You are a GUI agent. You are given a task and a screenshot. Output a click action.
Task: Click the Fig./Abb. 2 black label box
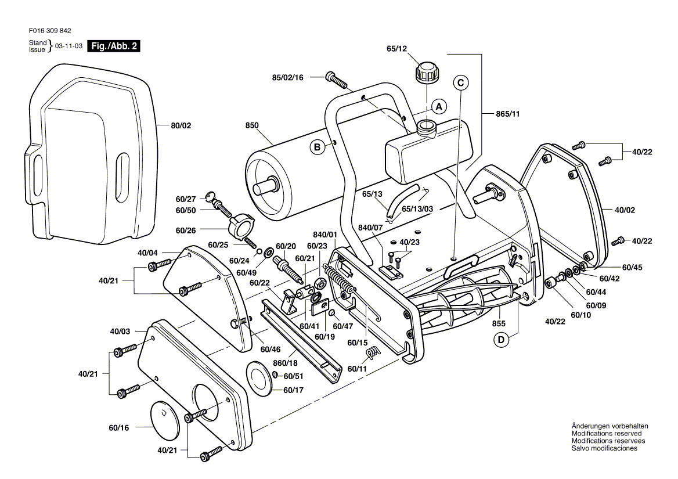click(114, 46)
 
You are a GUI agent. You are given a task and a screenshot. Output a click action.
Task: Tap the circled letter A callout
click(439, 106)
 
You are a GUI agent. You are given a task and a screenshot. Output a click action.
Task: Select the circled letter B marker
click(318, 147)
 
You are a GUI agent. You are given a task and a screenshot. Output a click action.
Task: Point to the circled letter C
click(460, 83)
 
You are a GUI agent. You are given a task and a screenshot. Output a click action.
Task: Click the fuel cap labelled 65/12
click(427, 74)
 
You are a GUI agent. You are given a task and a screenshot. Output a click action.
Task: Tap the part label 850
click(252, 125)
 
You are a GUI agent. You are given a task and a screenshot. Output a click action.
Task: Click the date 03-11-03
click(68, 46)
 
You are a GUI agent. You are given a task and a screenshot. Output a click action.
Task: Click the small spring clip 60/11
click(375, 350)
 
